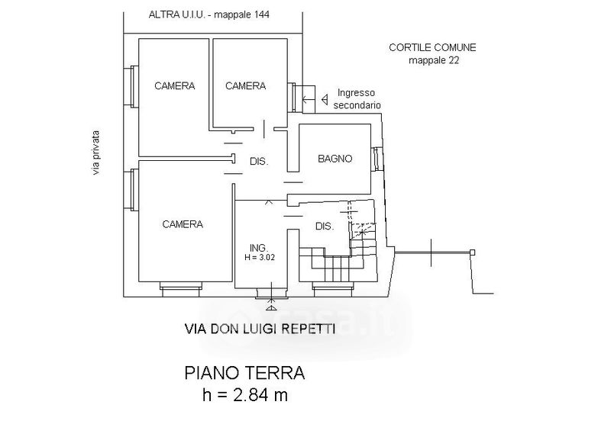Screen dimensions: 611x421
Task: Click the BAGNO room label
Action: tap(335, 159)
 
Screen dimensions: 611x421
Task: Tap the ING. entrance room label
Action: tap(259, 248)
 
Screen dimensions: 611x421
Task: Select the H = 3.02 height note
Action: tap(260, 257)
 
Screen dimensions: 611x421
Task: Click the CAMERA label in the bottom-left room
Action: tap(183, 224)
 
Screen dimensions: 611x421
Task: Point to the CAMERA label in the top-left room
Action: tap(175, 85)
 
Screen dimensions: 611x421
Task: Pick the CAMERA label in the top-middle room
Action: tap(245, 85)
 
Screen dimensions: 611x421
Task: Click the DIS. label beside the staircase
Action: tap(325, 227)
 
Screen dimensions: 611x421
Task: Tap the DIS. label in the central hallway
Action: tap(259, 162)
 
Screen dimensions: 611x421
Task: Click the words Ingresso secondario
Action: tap(357, 99)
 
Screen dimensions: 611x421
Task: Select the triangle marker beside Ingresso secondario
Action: tap(324, 100)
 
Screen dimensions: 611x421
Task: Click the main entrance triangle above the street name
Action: tap(271, 308)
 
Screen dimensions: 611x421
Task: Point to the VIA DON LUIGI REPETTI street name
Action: tap(260, 329)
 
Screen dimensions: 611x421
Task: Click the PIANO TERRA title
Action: tap(244, 373)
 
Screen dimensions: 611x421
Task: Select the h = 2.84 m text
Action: tap(245, 395)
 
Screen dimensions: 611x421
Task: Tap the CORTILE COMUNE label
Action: tap(432, 47)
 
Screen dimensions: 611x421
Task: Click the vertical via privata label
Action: tap(96, 152)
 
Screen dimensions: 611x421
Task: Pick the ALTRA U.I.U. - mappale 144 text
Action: tap(209, 14)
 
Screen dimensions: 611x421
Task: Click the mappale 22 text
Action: tap(434, 60)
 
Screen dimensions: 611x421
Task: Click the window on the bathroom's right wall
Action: tap(377, 159)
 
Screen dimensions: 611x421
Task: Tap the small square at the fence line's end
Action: tap(472, 252)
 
